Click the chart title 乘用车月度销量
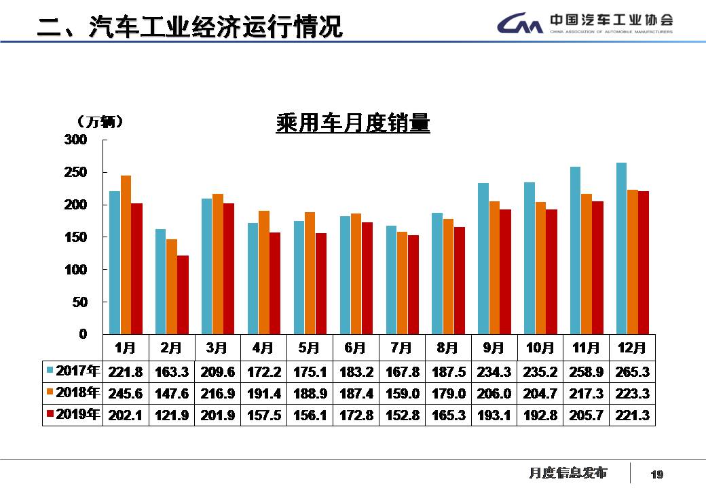pos(353,123)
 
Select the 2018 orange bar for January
pos(126,254)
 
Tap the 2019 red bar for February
pos(183,295)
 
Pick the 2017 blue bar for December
pos(621,248)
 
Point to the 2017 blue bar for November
pos(575,250)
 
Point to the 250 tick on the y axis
pos(76,172)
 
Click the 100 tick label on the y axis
pos(76,270)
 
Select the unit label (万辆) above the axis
pos(99,121)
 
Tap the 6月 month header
pos(355,348)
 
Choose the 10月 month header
pos(540,348)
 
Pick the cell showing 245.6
pos(126,393)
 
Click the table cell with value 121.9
pos(171,415)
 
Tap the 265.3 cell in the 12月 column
pos(632,371)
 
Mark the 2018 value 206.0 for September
pos(494,393)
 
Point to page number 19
pos(656,474)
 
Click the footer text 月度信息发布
pos(568,472)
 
